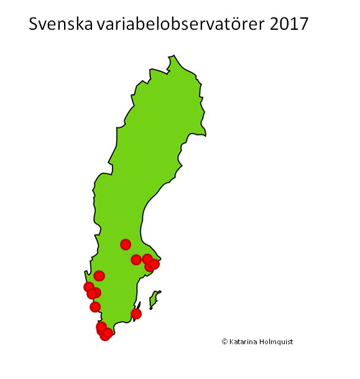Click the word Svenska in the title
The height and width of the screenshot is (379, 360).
click(60, 24)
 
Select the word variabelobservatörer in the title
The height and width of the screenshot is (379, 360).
click(181, 24)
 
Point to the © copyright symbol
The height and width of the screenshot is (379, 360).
click(224, 342)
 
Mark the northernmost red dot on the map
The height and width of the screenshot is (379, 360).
click(126, 244)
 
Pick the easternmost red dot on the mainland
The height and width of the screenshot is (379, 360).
click(154, 264)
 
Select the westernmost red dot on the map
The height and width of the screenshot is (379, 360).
click(89, 287)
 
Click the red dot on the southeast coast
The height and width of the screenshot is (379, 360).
click(136, 314)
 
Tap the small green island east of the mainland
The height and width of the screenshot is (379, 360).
click(154, 299)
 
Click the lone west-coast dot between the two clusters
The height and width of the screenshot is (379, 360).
click(95, 307)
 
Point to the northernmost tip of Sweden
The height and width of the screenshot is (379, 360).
click(173, 57)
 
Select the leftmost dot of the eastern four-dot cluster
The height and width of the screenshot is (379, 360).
click(136, 260)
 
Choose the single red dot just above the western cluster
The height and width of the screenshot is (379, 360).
click(99, 276)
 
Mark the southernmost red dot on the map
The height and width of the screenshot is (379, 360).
click(105, 336)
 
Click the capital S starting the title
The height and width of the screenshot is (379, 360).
click(35, 24)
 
